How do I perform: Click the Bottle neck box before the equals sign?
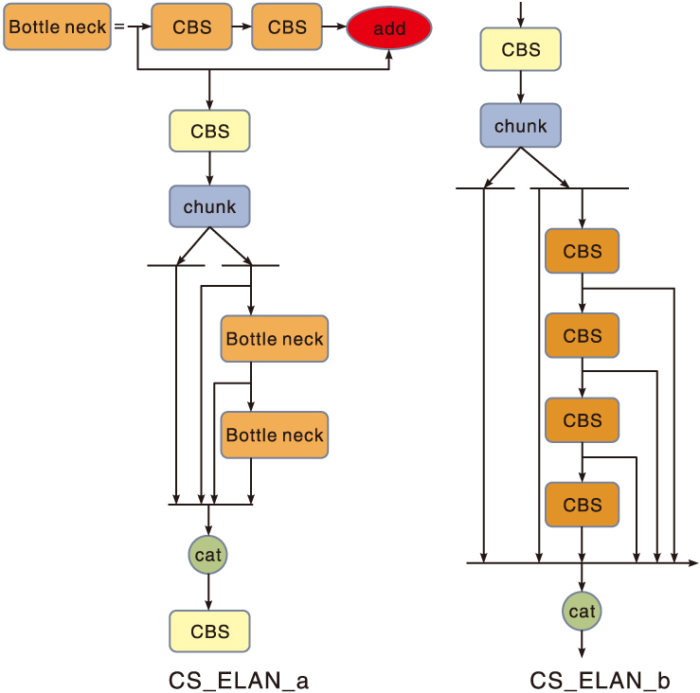(58, 27)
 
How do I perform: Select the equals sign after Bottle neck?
(119, 27)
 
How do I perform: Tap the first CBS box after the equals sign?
(192, 27)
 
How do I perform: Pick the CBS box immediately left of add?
(287, 27)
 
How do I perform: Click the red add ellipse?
(388, 28)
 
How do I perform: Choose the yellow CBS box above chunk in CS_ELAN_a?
(209, 131)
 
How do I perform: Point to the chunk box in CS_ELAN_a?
(209, 206)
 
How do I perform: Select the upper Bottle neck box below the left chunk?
(275, 339)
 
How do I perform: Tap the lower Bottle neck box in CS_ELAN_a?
(275, 435)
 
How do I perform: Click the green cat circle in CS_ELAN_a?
(208, 555)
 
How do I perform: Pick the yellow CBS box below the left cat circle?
(209, 631)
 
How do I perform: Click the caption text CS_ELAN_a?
(239, 680)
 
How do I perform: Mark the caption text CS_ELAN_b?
(600, 680)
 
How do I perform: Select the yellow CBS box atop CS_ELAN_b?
(520, 50)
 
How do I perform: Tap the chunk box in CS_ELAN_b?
(520, 126)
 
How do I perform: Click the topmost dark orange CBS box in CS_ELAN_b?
(582, 251)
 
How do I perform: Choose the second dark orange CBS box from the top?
(582, 335)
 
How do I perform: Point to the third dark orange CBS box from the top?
(582, 420)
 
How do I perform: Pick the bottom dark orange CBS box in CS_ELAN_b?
(582, 505)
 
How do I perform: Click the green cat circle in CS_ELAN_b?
(582, 612)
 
